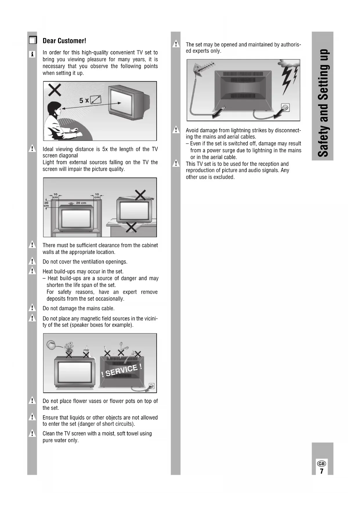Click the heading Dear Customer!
pos(64,41)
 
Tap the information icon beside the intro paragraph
pos(32,54)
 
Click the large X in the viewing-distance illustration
pos(55,90)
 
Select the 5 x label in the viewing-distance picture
pos(84,101)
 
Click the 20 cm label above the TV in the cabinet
pos(81,203)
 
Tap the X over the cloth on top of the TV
pos(140,195)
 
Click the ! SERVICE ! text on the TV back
pos(122,371)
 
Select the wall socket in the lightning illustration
pos(285,107)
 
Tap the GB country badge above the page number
pos(321,463)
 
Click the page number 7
pos(321,471)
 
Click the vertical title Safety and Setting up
pos(323,103)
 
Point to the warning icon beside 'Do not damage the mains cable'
pos(32,308)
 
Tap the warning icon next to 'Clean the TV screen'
pos(32,434)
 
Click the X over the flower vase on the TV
pos(69,354)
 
